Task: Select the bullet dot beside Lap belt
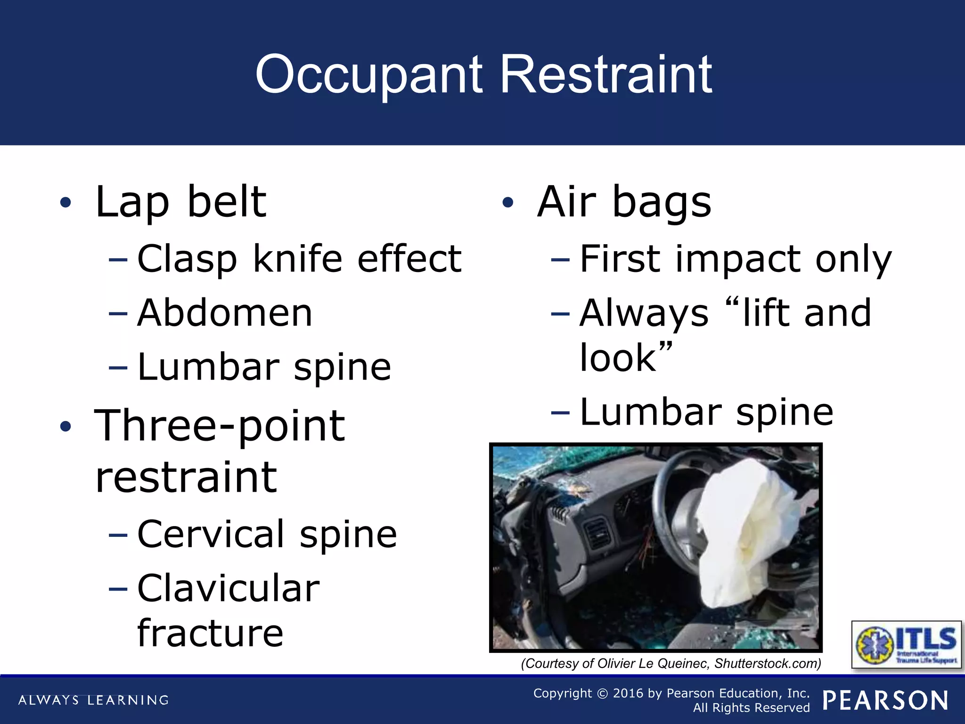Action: coord(65,203)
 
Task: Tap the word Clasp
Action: coord(187,259)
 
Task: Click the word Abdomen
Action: coord(225,313)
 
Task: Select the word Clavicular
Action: coord(229,589)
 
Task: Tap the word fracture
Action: coord(210,633)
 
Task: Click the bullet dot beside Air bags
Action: coord(507,203)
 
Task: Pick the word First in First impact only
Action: coord(620,259)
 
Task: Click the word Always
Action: coord(644,313)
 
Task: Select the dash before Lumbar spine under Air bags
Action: coord(560,413)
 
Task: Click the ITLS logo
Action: coord(906,644)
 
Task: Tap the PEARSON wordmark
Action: coord(885,700)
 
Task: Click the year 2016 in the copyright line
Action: coord(628,693)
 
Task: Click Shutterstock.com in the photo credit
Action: coord(767,664)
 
